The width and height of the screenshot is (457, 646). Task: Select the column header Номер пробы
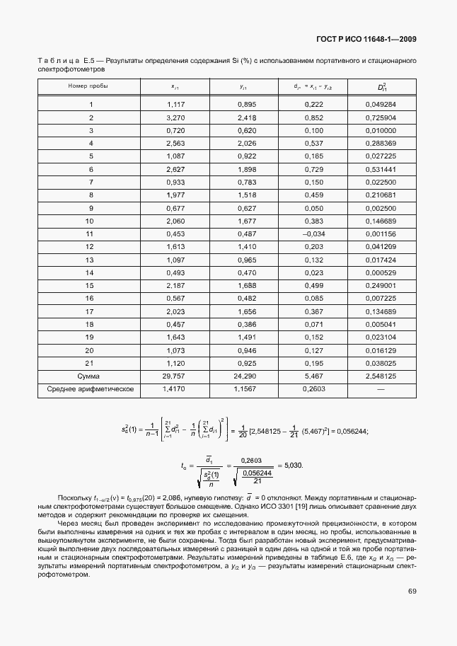88,86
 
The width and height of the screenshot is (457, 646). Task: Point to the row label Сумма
88,376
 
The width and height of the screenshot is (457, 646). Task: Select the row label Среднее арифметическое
88,389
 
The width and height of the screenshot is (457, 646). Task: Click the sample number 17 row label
89,311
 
